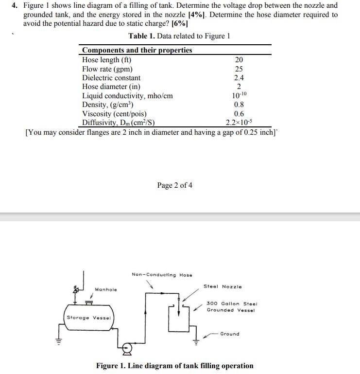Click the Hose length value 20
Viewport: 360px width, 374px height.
239,60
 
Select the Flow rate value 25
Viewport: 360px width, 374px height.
239,69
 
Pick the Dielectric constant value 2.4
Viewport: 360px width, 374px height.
239,78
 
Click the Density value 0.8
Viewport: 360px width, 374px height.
239,105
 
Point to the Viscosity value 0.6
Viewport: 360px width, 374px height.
239,114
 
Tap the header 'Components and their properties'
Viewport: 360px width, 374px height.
137,50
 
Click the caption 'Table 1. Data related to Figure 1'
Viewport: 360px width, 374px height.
179,36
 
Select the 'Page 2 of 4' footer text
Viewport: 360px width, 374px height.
175,185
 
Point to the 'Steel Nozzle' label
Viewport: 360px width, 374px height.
223,286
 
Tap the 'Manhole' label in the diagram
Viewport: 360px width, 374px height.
106,289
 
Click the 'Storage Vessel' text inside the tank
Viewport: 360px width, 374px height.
89,318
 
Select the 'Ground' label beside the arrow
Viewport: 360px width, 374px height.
230,334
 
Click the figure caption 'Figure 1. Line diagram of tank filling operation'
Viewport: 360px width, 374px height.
174,366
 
